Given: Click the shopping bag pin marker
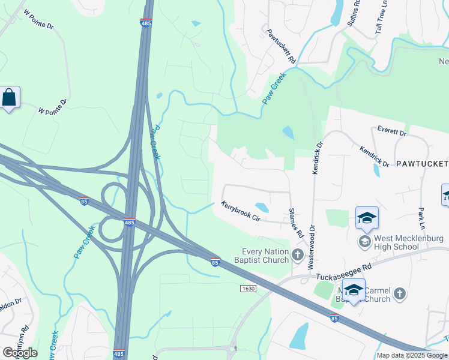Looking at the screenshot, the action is [10, 98].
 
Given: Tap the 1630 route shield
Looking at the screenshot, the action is [247, 289].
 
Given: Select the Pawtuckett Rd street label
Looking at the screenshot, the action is [282, 47].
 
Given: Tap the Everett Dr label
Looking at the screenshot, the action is [392, 131].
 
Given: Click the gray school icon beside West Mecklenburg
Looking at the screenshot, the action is [364, 242].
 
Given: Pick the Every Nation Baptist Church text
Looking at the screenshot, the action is [265, 256].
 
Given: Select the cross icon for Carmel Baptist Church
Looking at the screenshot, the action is [400, 294].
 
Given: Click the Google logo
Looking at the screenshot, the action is [20, 352].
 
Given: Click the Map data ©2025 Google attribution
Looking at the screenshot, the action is [412, 355].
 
